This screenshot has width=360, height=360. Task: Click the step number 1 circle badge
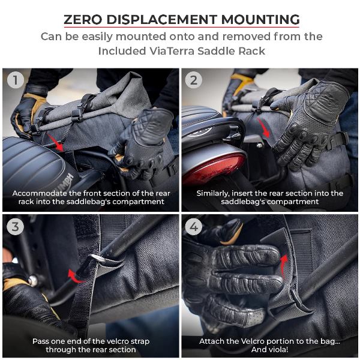click(16, 80)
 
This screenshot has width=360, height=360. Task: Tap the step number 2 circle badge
click(193, 80)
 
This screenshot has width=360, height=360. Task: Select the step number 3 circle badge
click(16, 227)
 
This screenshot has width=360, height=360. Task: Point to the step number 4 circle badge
click(193, 227)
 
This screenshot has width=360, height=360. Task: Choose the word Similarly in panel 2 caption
click(217, 193)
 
